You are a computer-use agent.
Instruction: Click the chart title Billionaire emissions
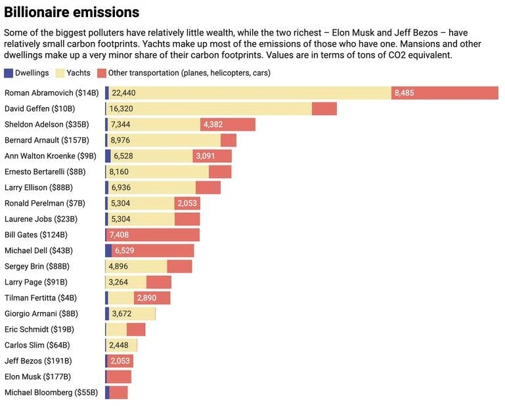point(72,12)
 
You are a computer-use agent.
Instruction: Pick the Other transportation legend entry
point(183,73)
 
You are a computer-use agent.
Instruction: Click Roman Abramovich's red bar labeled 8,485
point(445,93)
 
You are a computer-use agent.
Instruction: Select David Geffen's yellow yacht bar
point(209,108)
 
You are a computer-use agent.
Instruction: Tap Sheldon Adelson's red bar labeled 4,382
point(228,124)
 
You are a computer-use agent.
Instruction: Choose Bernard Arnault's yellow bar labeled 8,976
point(164,140)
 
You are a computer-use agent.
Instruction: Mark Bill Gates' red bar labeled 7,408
point(153,235)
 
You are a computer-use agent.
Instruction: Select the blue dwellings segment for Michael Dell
point(108,250)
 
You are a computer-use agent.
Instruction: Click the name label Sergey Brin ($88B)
point(37,266)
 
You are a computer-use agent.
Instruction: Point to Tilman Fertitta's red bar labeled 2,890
point(152,298)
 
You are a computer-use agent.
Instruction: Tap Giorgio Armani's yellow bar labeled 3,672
point(131,313)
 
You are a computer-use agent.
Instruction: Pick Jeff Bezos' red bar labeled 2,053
point(120,361)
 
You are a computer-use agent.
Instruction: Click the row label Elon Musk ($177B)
point(37,376)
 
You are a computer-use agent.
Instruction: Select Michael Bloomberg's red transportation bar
point(118,392)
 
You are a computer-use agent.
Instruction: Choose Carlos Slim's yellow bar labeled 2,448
point(121,345)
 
